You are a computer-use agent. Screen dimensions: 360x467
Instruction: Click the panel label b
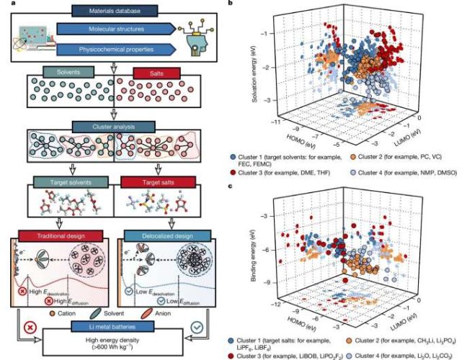pos(229,4)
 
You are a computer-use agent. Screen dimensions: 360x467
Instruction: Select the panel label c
pos(229,186)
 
